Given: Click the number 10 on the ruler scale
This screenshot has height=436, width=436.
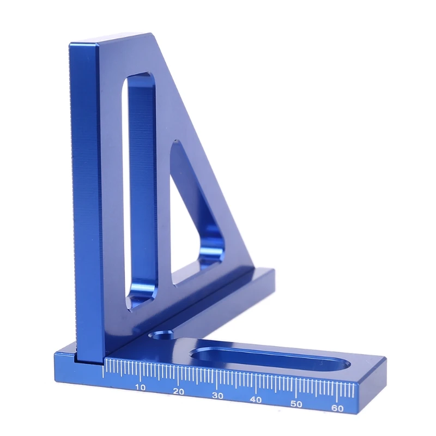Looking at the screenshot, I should (x=140, y=387).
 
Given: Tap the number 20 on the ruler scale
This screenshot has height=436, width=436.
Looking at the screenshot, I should (x=178, y=391).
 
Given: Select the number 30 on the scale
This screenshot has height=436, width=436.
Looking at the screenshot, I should (x=217, y=396).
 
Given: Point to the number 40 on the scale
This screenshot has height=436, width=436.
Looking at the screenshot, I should (x=257, y=399).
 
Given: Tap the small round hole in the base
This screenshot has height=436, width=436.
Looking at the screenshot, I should (x=161, y=334).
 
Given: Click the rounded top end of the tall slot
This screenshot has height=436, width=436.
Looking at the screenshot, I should (x=140, y=79).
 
